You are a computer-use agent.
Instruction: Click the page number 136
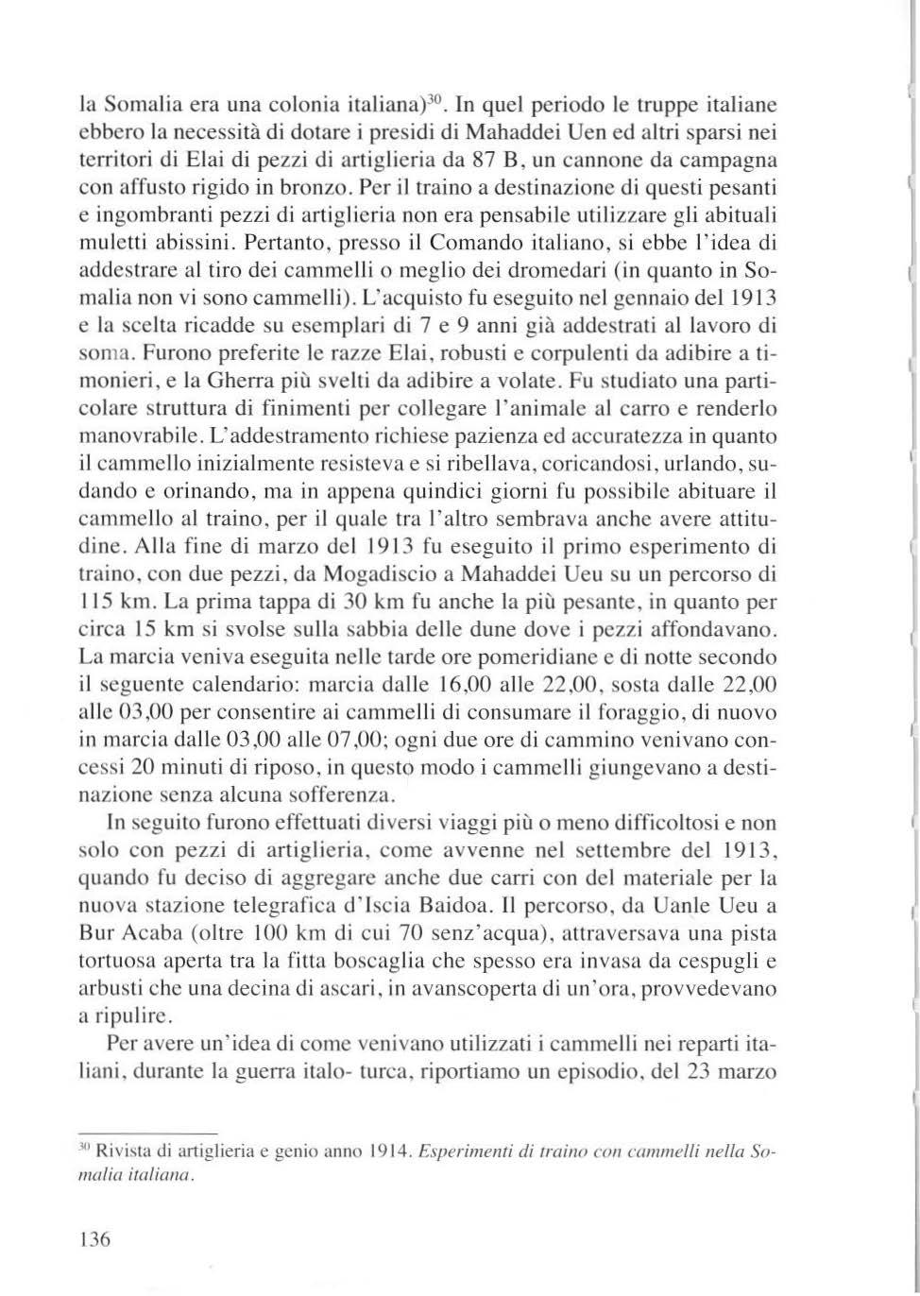[x=95, y=1239]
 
